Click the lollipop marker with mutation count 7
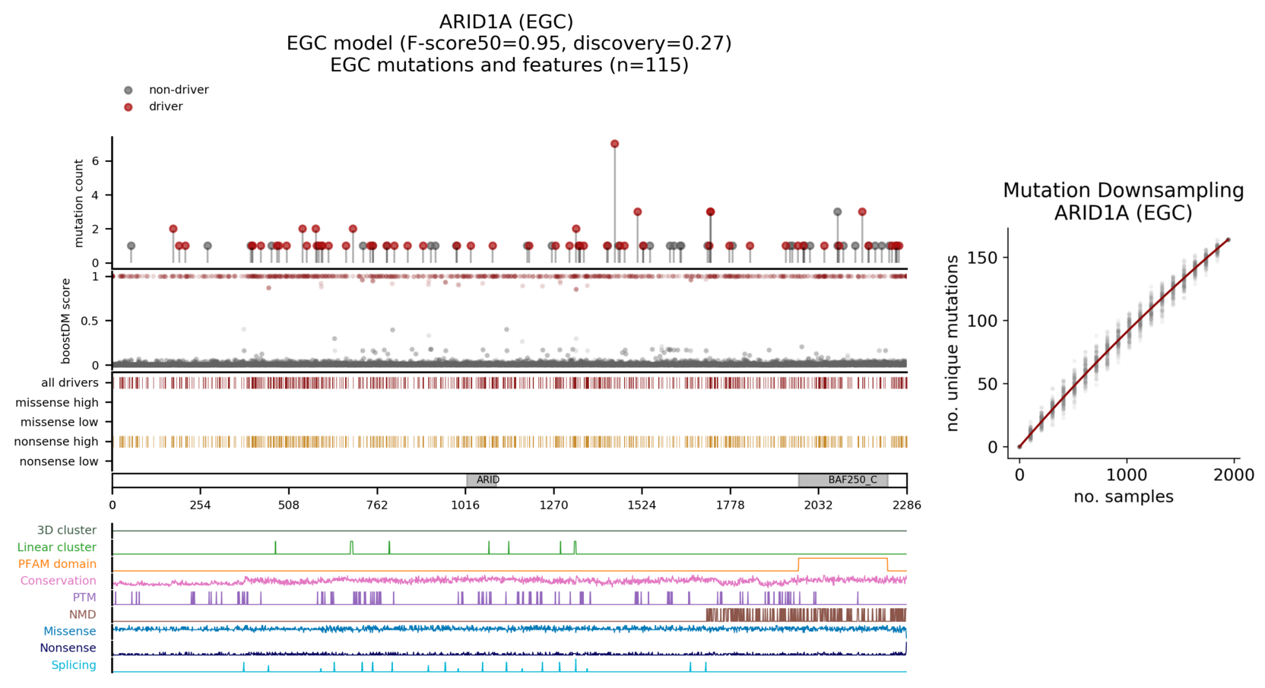pyautogui.click(x=614, y=144)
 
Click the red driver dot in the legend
pyautogui.click(x=128, y=107)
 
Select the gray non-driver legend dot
pyautogui.click(x=128, y=90)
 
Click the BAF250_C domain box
pyautogui.click(x=843, y=480)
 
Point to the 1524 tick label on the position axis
pyautogui.click(x=642, y=505)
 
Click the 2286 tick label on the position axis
pyautogui.click(x=906, y=505)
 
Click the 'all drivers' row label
pyautogui.click(x=70, y=382)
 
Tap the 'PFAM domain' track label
pyautogui.click(x=57, y=564)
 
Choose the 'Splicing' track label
pyautogui.click(x=74, y=665)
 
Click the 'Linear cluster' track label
pyautogui.click(x=57, y=547)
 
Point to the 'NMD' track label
pyautogui.click(x=82, y=614)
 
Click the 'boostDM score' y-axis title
pyautogui.click(x=66, y=320)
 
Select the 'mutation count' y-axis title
pyautogui.click(x=79, y=203)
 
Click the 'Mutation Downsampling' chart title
pyautogui.click(x=1123, y=190)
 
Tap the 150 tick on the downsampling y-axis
pyautogui.click(x=982, y=258)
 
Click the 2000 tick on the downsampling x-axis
pyautogui.click(x=1233, y=475)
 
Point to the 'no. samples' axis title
pyautogui.click(x=1123, y=497)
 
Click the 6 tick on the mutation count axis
pyautogui.click(x=96, y=161)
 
